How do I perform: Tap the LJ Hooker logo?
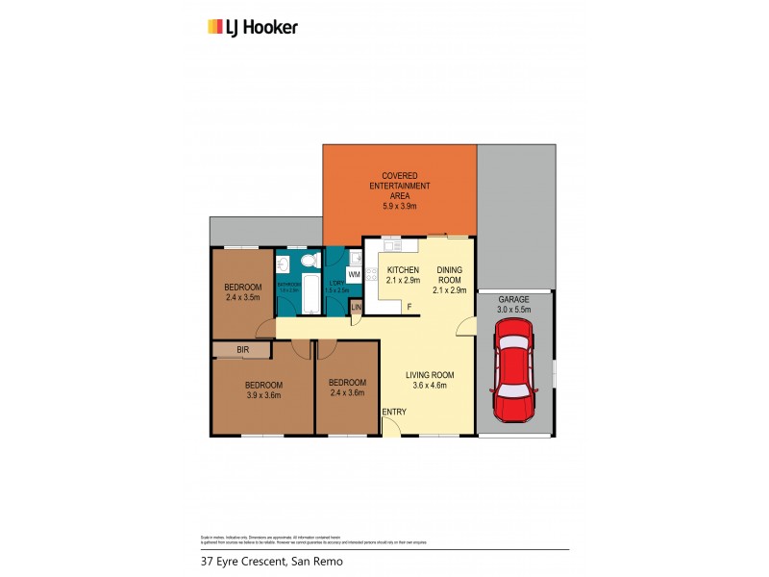253,27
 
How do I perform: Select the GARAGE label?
513,299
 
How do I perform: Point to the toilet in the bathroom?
308,263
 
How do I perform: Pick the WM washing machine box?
354,275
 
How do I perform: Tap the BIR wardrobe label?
242,349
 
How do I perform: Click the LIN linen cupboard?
356,307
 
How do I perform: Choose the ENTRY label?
394,412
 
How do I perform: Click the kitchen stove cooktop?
356,257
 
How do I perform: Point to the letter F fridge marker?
408,307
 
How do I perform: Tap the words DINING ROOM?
450,274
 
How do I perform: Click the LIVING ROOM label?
430,374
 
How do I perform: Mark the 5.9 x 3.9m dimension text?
400,206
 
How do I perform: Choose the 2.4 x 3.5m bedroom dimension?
242,298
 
